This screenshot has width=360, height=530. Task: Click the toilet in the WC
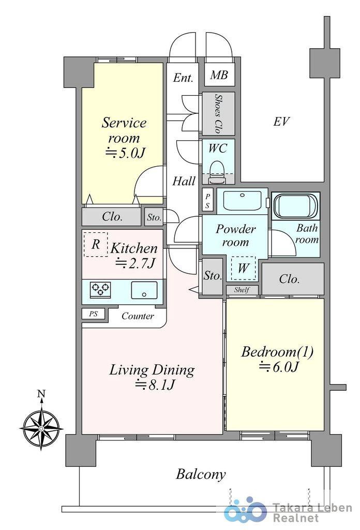click(x=217, y=172)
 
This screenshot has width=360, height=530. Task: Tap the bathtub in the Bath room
click(x=296, y=206)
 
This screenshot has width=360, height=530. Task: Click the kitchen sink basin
click(x=144, y=290)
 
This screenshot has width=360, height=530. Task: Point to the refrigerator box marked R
click(x=96, y=244)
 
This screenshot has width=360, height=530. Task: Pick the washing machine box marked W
click(x=243, y=268)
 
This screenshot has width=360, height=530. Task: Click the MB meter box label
click(x=219, y=75)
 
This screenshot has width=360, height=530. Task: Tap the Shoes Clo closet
click(x=218, y=113)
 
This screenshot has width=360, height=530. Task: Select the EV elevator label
click(x=281, y=121)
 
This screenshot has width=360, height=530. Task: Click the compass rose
click(x=41, y=429)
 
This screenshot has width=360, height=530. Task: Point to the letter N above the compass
click(x=41, y=393)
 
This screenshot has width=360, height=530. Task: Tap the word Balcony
click(x=201, y=474)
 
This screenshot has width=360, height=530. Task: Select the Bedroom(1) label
click(x=277, y=352)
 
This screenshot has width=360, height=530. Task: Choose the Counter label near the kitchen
click(x=138, y=316)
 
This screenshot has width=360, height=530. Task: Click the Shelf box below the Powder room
click(x=242, y=290)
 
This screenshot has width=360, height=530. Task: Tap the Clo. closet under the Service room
click(x=112, y=217)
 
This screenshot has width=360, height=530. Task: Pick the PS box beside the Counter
click(x=94, y=314)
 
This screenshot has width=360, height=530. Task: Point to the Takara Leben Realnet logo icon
click(x=245, y=510)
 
